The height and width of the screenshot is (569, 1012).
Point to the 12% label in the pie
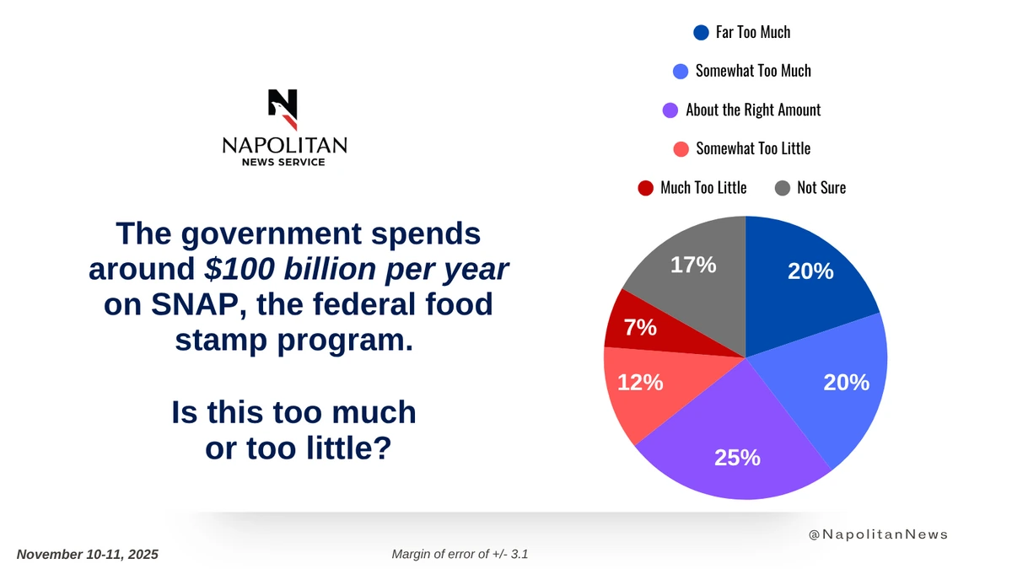point(640,383)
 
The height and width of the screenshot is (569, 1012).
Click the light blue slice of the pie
point(835,388)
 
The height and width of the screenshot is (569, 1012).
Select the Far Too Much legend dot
point(700,33)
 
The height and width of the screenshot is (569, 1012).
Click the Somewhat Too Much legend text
point(753,71)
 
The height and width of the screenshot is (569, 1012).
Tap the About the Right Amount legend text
point(753,110)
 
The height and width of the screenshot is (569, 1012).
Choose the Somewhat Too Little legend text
point(753,148)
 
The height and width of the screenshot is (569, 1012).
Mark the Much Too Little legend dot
point(646,187)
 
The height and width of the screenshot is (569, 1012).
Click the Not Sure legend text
point(821,187)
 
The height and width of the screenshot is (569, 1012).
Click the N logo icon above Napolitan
point(283,108)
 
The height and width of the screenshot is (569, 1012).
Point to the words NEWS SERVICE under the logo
point(283,162)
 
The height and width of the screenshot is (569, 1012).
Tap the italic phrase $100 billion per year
point(357,268)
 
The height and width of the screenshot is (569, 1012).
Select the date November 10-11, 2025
point(88,555)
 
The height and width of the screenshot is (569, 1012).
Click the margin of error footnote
point(460,554)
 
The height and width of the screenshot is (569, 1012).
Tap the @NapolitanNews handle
point(878,534)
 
